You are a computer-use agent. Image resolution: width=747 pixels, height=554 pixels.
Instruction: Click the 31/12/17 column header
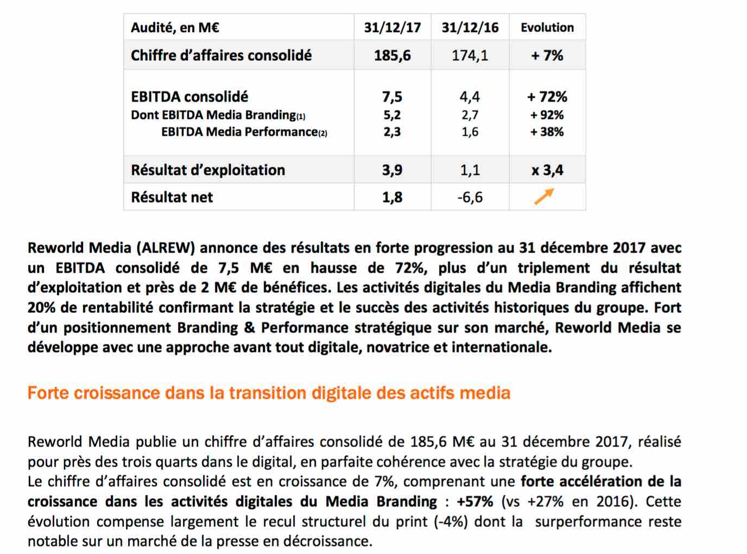[393, 28]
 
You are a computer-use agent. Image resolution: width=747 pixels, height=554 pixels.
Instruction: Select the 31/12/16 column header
[470, 28]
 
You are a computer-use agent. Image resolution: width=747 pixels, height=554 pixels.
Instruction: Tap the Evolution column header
[547, 28]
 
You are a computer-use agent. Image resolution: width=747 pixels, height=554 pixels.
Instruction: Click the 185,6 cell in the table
[393, 55]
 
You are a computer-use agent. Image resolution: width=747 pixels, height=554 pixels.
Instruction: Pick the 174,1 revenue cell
[470, 55]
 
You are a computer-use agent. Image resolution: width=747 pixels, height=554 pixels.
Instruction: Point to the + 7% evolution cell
[547, 55]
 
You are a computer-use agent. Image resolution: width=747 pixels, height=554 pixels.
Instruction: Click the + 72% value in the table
[547, 97]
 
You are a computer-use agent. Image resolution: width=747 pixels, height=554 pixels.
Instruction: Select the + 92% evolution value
[547, 115]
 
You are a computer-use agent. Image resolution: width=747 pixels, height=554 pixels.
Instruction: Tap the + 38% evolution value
[547, 132]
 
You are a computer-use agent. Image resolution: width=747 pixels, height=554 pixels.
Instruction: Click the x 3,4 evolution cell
[547, 170]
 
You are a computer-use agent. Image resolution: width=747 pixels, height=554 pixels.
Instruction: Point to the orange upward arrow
[545, 197]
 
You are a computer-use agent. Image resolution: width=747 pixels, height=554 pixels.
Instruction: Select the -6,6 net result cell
[470, 197]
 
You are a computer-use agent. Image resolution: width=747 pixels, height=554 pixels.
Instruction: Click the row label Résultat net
[172, 197]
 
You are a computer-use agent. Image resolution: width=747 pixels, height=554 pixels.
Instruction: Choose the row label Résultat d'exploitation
[208, 170]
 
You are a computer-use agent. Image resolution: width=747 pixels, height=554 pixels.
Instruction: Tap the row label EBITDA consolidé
[189, 97]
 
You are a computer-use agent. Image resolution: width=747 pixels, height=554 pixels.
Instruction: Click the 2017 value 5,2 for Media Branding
[393, 115]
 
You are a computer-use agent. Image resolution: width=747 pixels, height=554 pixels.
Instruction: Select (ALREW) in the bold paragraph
[166, 248]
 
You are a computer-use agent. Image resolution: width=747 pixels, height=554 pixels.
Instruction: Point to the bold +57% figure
[475, 502]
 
